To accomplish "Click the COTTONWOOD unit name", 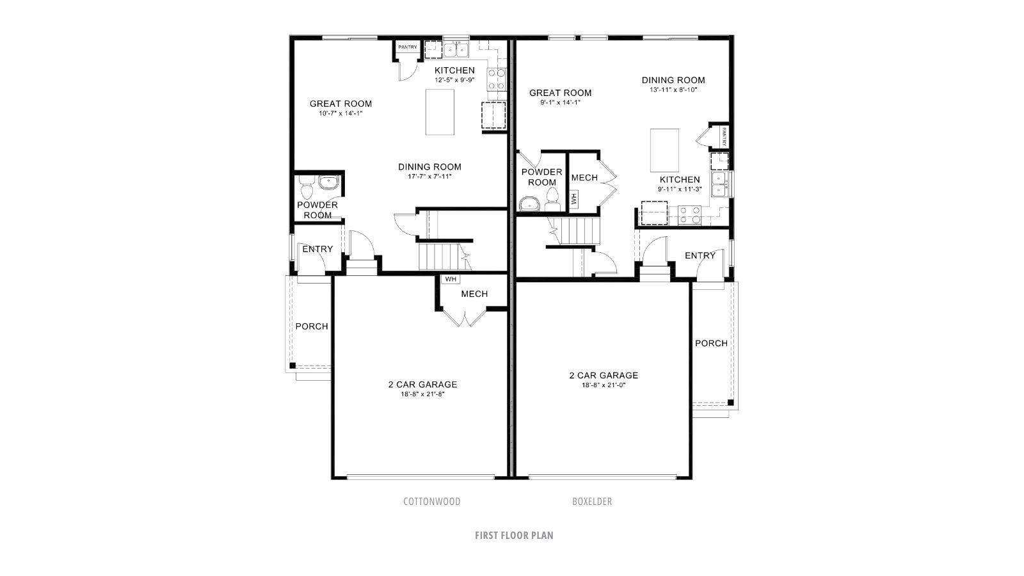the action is (431, 502).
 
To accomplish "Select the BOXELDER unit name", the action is (592, 502).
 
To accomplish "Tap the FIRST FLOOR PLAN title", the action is (514, 535).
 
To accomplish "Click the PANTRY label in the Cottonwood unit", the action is (407, 47).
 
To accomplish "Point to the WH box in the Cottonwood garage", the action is (451, 279).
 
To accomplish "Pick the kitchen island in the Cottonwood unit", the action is (440, 112).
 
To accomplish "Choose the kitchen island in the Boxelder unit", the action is (664, 150).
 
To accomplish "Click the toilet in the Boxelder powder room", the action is (553, 200).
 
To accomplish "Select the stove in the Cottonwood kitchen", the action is (497, 79).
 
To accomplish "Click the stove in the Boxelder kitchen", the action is (689, 215).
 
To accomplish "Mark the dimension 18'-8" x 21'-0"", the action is (604, 385).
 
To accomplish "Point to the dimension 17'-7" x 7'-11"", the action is (429, 177).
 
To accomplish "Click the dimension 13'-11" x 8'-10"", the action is (673, 90).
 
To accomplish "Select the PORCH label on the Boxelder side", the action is (711, 343).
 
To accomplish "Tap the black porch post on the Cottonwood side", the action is (292, 365).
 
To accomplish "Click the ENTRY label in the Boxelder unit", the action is (700, 255).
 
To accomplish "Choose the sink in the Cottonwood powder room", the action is (329, 182).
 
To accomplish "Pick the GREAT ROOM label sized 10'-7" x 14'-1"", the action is (340, 104).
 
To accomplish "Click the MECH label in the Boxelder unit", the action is (584, 178).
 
